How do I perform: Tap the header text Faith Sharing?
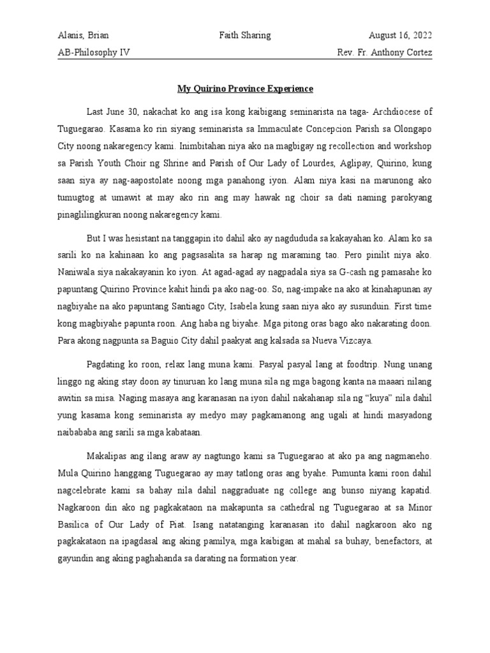tap(245, 36)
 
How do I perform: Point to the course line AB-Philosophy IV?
tap(94, 53)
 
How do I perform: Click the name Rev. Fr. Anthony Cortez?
tap(384, 53)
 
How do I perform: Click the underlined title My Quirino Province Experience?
tap(245, 88)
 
